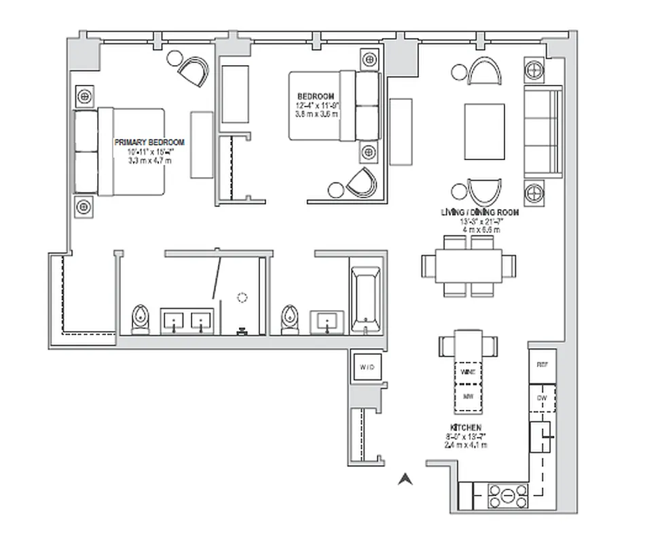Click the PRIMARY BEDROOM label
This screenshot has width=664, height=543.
149,142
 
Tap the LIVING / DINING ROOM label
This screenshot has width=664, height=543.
479,212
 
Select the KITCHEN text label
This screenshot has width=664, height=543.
465,428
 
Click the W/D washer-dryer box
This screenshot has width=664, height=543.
367,367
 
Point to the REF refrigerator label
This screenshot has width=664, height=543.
542,364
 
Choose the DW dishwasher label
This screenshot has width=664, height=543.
542,398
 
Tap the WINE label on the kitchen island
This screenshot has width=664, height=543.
467,373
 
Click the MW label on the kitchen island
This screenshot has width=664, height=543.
467,396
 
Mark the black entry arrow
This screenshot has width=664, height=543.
405,479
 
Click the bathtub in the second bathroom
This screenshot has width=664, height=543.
367,297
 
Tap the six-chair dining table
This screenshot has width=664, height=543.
468,265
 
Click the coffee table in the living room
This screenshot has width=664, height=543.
484,131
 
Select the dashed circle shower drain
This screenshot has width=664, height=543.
242,297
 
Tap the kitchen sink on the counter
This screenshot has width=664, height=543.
542,437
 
